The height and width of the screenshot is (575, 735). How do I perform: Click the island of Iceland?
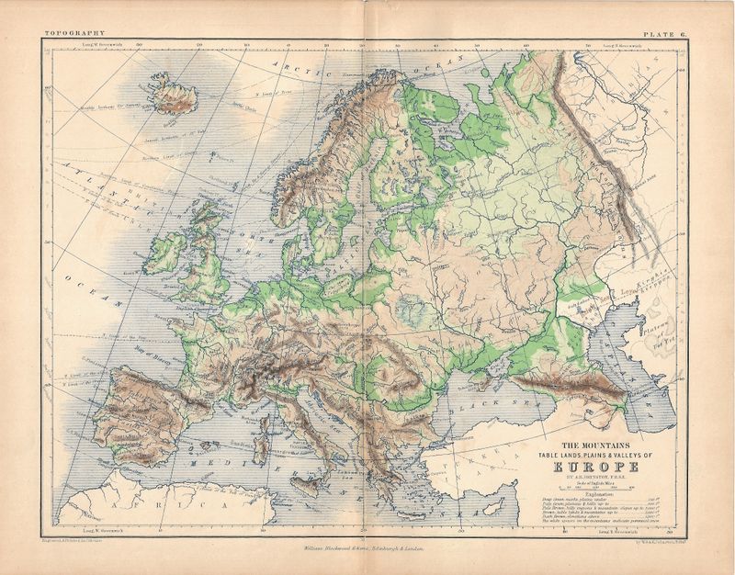point(172,96)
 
